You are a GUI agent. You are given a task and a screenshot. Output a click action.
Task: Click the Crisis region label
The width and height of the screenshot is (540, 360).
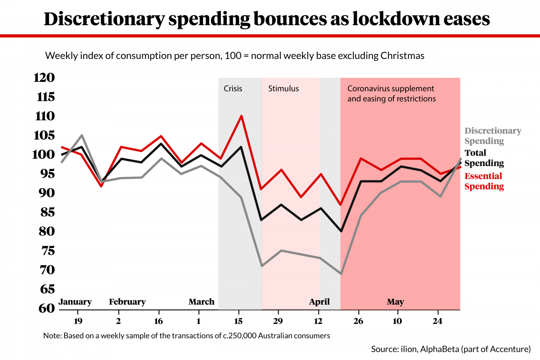(x=233, y=89)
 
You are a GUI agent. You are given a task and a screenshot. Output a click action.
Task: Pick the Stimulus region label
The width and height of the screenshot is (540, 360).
(x=283, y=89)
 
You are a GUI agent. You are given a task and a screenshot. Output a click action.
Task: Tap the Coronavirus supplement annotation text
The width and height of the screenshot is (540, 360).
(x=391, y=93)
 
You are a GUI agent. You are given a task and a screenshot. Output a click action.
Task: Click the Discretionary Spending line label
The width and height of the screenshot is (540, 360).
(x=493, y=136)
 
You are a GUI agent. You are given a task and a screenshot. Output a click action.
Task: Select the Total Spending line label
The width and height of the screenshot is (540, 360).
(x=484, y=158)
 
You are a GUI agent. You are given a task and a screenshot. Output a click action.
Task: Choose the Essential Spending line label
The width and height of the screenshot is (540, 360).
(x=484, y=181)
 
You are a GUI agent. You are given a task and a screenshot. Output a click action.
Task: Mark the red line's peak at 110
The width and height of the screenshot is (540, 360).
(x=242, y=116)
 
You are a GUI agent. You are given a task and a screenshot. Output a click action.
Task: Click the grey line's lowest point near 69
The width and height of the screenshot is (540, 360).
(x=342, y=274)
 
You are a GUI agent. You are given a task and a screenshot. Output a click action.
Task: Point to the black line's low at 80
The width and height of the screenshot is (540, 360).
(x=342, y=231)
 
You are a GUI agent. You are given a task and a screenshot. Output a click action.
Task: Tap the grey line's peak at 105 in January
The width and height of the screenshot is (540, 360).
(x=82, y=135)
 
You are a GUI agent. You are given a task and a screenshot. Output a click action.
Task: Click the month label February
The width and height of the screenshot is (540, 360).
(x=127, y=302)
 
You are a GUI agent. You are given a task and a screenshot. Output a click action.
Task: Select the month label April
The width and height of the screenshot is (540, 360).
(x=319, y=302)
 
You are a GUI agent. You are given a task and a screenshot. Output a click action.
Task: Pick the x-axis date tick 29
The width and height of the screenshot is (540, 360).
(x=278, y=321)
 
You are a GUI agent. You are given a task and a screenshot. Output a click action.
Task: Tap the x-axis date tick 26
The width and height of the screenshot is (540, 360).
(x=359, y=321)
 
